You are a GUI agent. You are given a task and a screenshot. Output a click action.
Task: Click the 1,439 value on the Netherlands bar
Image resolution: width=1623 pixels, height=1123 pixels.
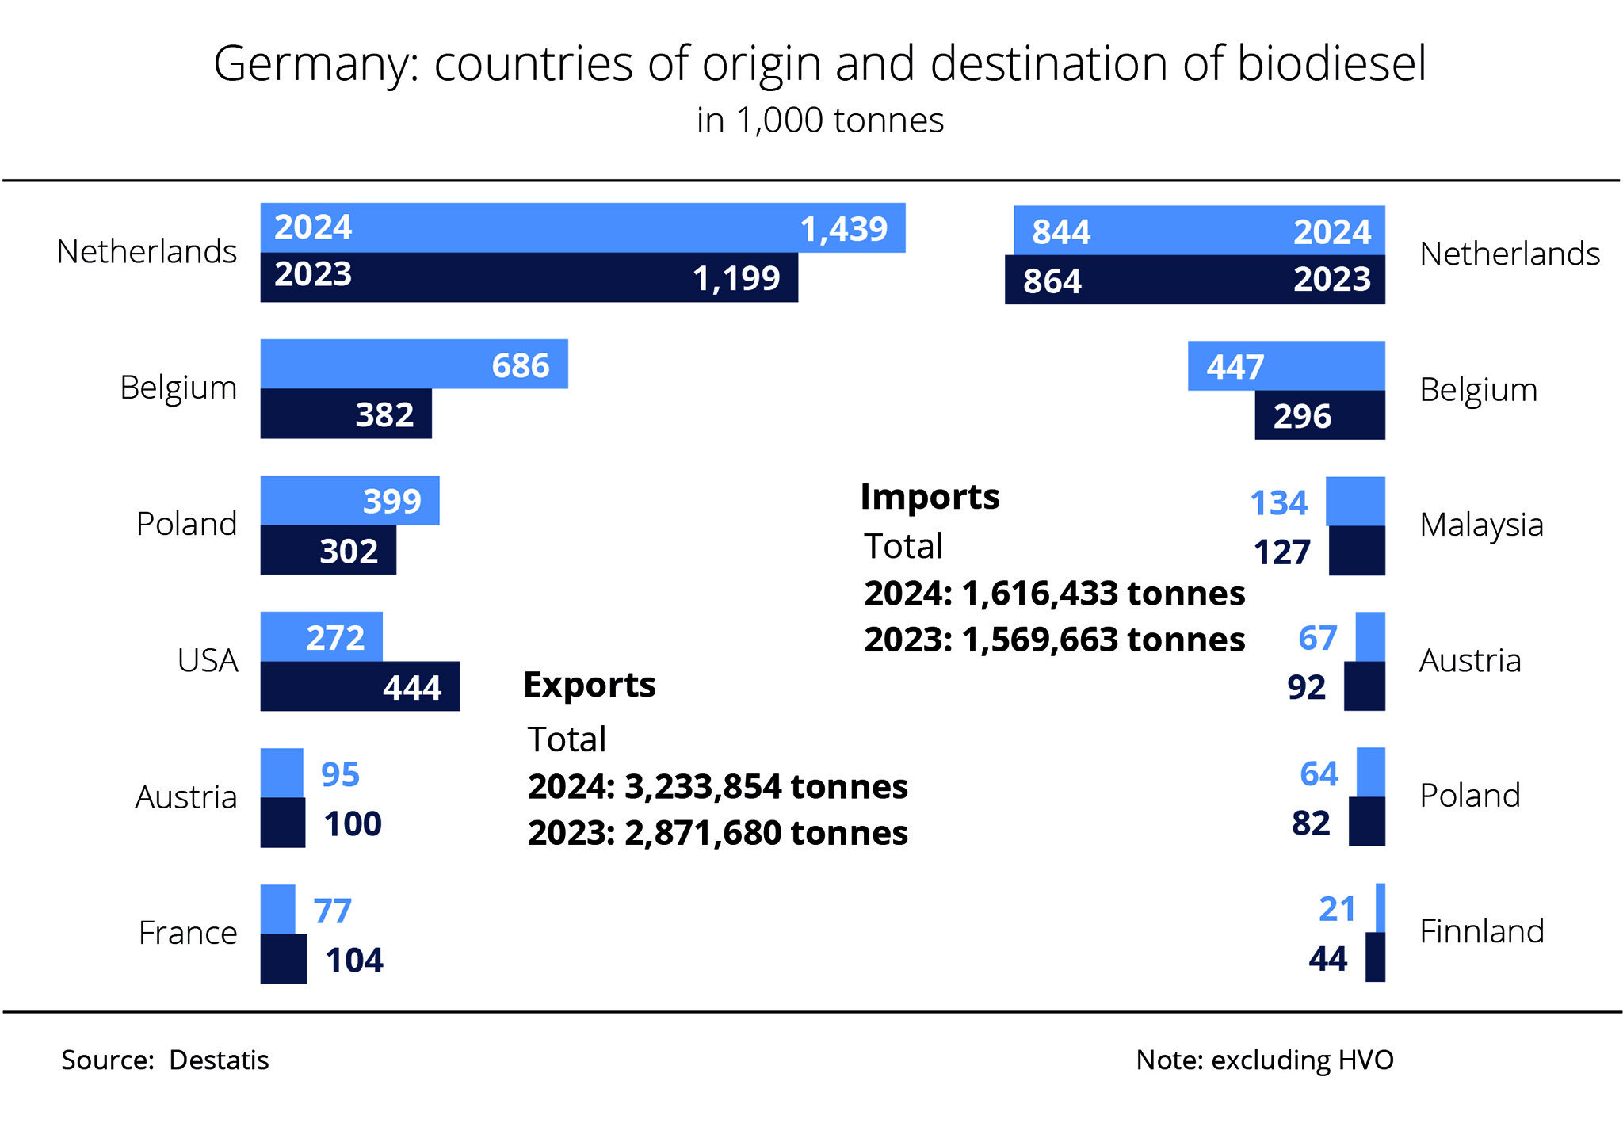coord(843,230)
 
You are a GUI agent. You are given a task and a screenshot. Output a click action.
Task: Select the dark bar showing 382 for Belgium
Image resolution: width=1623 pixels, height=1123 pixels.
coord(346,414)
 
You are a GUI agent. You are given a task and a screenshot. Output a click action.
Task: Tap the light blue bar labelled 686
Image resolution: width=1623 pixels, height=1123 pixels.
coord(414,365)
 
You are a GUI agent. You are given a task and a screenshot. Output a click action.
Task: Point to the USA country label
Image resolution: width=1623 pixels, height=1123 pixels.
coord(208,660)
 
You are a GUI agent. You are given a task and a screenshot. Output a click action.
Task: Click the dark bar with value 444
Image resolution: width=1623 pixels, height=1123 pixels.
coord(360,686)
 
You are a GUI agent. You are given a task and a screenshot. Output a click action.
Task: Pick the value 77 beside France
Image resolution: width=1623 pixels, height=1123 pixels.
coord(332,911)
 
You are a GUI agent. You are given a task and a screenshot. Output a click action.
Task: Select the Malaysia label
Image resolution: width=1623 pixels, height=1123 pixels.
coord(1481,525)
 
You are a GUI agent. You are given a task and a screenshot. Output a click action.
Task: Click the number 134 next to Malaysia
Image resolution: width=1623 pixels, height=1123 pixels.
coord(1278,503)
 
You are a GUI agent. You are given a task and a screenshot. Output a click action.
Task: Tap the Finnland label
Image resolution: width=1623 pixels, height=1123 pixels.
coord(1481,931)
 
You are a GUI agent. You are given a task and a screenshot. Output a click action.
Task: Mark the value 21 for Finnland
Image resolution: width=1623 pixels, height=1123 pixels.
coord(1337,910)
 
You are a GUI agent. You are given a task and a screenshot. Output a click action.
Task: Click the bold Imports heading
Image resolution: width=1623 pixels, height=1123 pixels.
coord(930,497)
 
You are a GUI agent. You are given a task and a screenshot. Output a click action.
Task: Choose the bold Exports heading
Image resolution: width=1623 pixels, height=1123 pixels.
coord(590,685)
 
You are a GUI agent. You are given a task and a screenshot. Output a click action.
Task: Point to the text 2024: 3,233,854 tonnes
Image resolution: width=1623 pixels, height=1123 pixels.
coord(717,787)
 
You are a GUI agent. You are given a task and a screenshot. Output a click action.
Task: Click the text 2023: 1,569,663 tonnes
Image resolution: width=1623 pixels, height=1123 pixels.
coord(1054,640)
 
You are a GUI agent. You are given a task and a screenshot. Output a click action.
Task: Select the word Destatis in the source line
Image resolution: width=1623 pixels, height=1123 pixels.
coord(219,1060)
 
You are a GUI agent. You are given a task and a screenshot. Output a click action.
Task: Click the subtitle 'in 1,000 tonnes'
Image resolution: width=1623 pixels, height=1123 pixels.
coord(820,120)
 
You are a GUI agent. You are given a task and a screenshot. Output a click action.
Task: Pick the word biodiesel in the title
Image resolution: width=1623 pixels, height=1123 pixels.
coord(1331,63)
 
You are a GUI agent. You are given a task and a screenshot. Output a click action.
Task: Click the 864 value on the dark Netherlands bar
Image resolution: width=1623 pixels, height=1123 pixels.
coord(1052,281)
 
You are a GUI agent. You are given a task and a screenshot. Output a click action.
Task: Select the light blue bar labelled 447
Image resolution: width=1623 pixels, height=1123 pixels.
coord(1286,366)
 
